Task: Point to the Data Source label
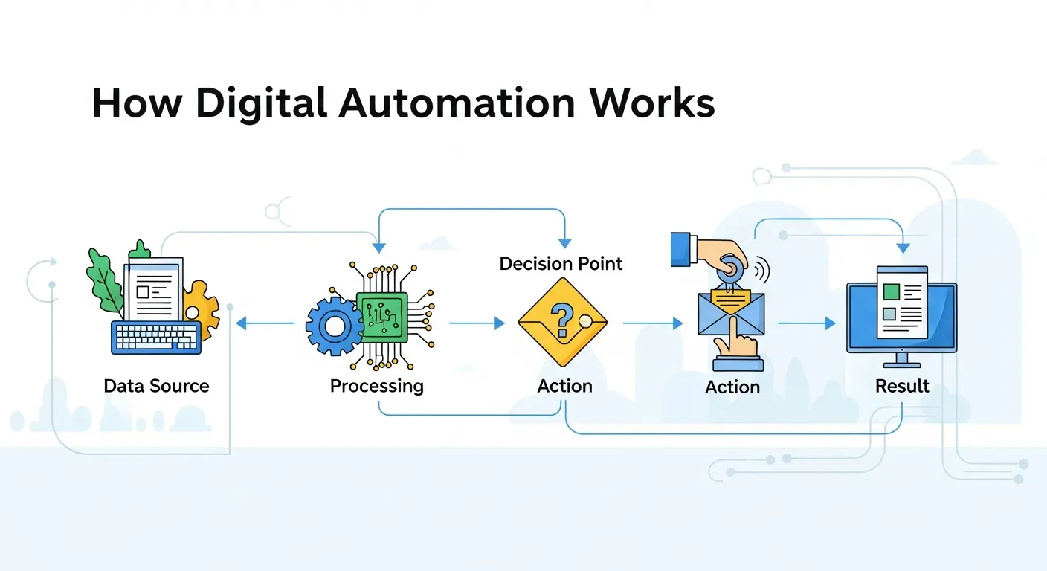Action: (156, 386)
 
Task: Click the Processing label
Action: (376, 386)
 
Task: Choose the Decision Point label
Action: (561, 264)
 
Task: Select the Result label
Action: (902, 386)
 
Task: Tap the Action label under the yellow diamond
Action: (564, 386)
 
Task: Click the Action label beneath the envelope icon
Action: (732, 387)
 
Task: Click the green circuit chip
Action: (382, 316)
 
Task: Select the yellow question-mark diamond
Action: (561, 320)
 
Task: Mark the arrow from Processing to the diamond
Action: (477, 323)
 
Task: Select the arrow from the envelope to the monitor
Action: (806, 323)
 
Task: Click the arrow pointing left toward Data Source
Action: (264, 323)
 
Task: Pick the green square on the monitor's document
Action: (890, 291)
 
